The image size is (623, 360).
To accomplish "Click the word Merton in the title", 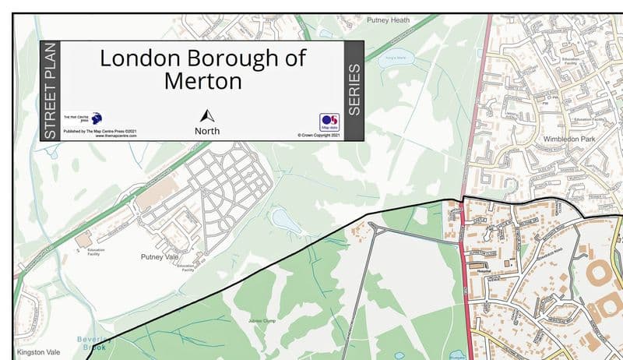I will (203, 80).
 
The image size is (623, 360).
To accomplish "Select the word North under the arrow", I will (207, 131).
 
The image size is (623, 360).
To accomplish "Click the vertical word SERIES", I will (354, 90).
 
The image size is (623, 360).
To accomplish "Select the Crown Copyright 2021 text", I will (319, 136).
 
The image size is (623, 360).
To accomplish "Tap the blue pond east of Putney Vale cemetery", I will (285, 222).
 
